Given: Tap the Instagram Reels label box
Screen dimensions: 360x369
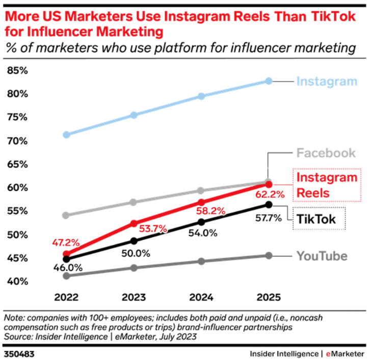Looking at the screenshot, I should pos(327,185).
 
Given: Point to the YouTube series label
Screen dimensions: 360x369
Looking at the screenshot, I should pos(322,256).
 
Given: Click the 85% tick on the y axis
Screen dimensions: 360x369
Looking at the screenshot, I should pos(17,70).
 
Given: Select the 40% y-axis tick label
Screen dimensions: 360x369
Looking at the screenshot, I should pos(17,282).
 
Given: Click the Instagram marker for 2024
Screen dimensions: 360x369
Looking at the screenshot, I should pos(201,96).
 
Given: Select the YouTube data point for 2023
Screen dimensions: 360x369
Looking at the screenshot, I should pos(134,268).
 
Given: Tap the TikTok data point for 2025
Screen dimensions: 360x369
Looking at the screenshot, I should pos(269,205).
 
